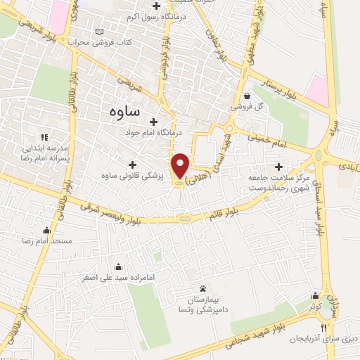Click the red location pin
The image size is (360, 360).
pos(181,166)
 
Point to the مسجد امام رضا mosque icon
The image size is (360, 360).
pos(46,230)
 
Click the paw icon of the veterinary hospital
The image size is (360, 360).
pos(203,288)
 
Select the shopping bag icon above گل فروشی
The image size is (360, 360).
pos(247,97)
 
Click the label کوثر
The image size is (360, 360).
pos(315,306)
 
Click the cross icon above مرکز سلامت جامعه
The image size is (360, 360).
pos(280,167)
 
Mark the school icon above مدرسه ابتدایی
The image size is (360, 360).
pos(44,137)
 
